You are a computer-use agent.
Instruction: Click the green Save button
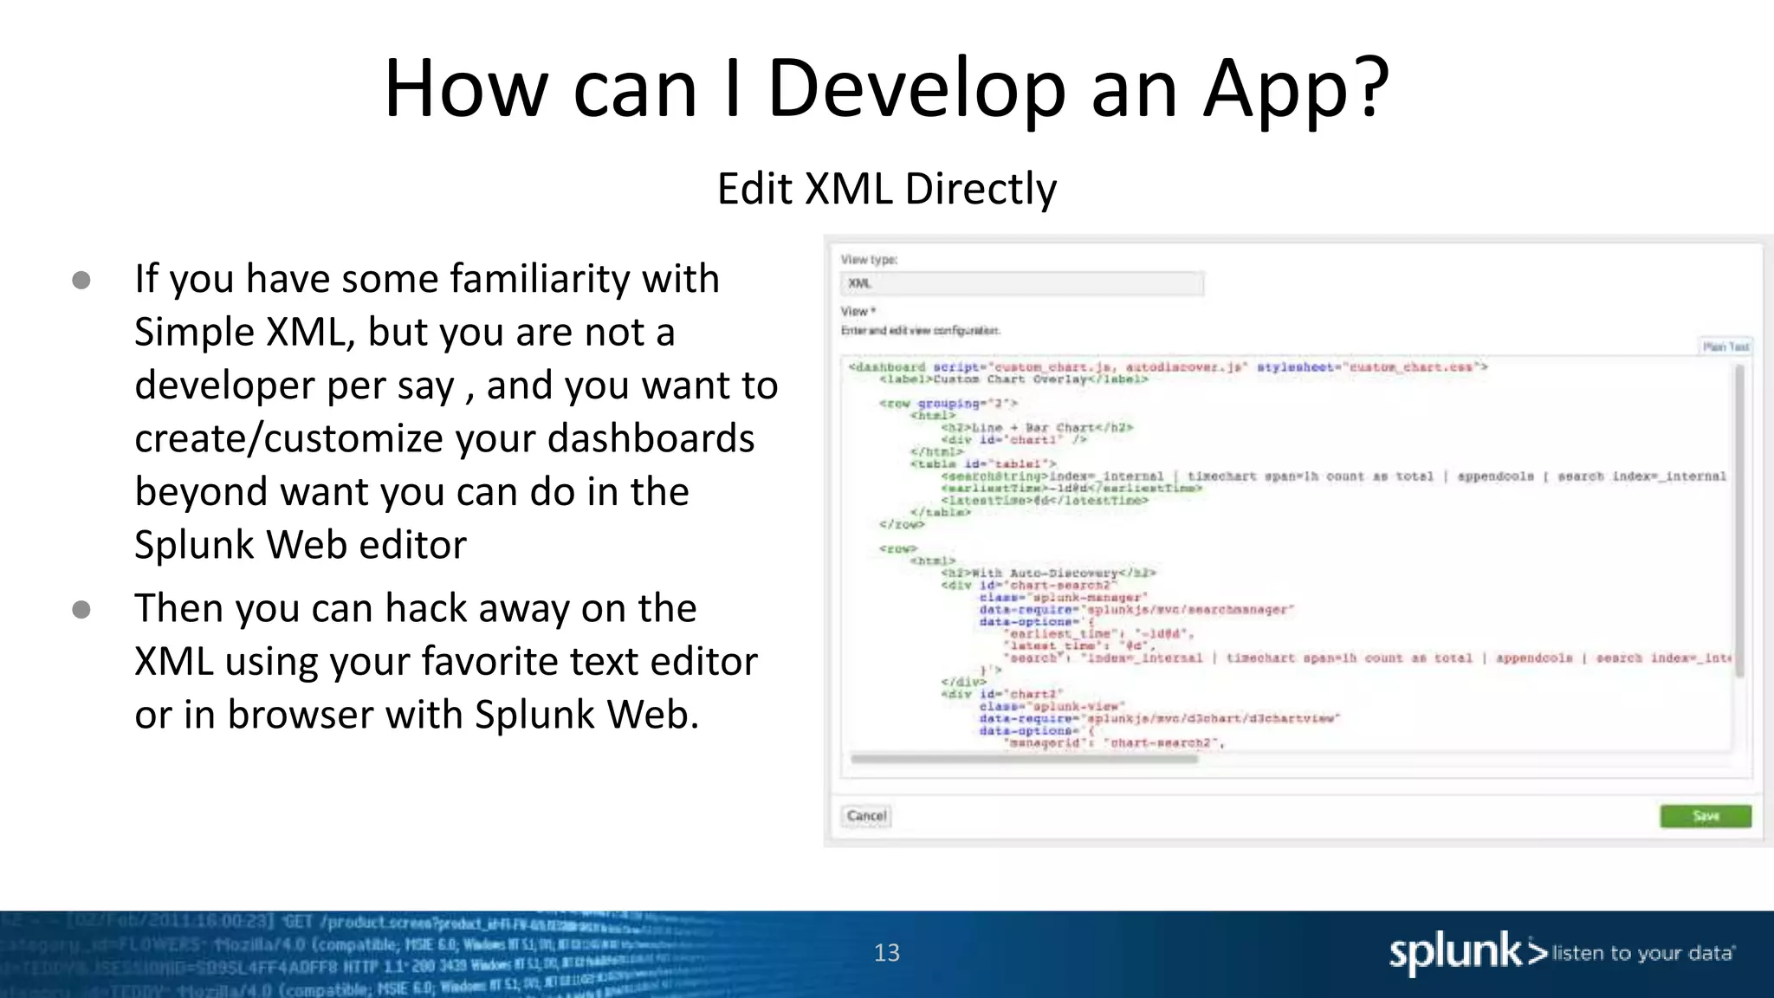[1705, 816]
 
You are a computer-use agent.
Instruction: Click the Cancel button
[866, 816]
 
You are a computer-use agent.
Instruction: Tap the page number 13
[886, 953]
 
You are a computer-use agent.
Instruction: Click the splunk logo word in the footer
[1455, 953]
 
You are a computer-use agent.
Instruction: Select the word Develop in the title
[916, 88]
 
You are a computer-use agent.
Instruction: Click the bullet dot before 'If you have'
[81, 280]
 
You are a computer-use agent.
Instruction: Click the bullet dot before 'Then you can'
[81, 610]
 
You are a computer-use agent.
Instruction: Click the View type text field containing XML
[1022, 283]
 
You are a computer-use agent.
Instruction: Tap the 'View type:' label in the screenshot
[869, 259]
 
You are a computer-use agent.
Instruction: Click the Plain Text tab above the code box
[1725, 347]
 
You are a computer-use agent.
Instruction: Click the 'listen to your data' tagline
[1643, 954]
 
